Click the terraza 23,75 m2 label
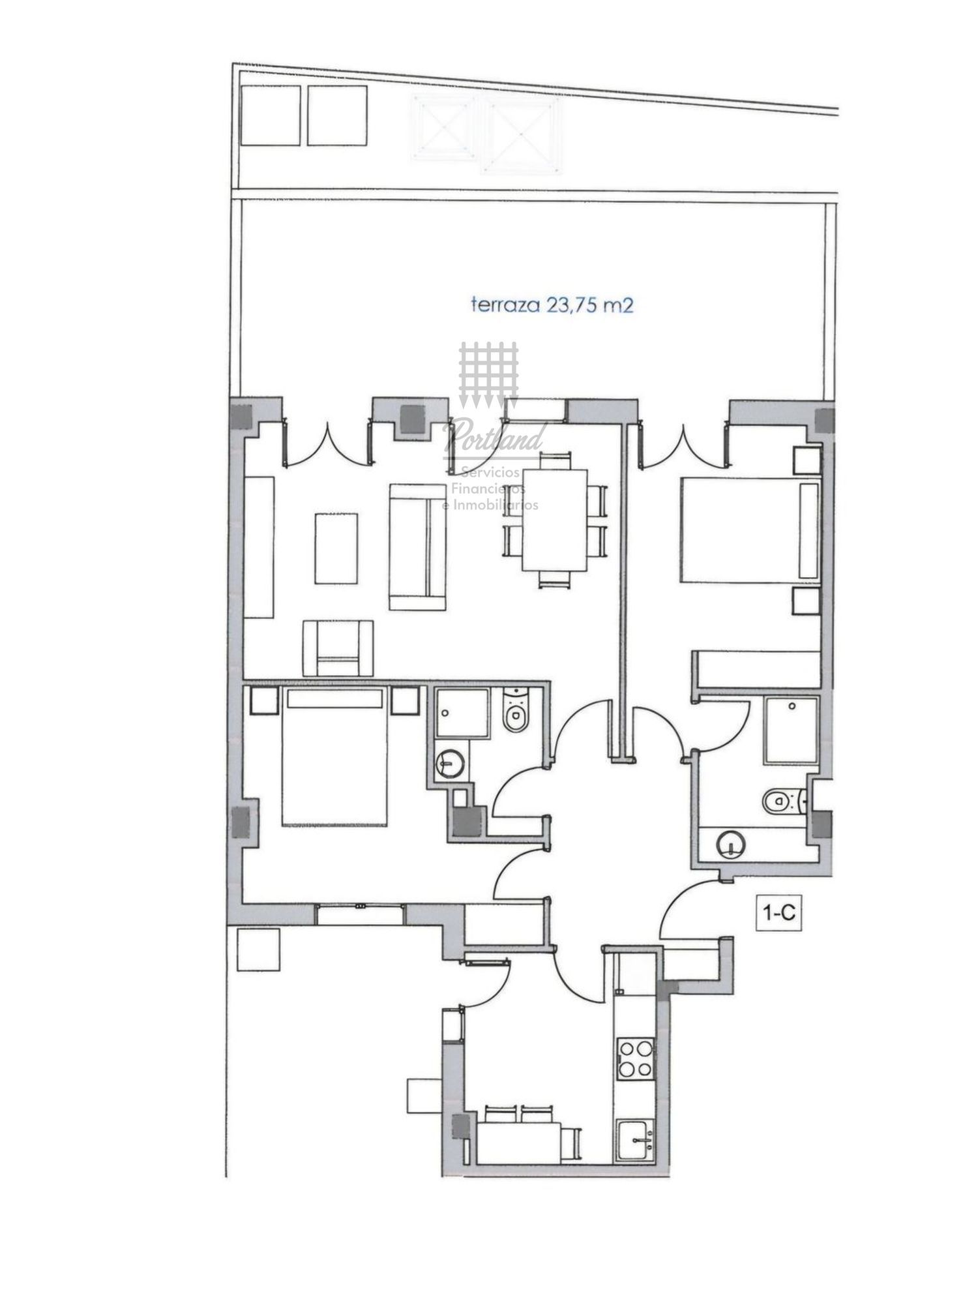[552, 305]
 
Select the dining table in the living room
[555, 520]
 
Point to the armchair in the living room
[338, 648]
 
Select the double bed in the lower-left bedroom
[335, 757]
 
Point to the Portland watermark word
[494, 436]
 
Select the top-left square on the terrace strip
[271, 115]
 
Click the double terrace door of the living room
[326, 443]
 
